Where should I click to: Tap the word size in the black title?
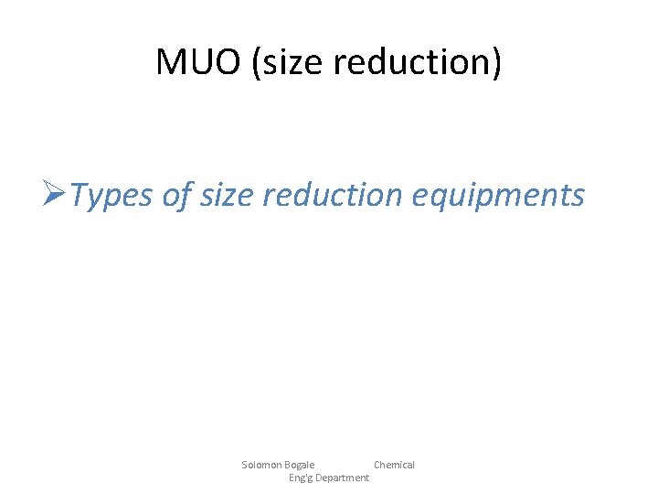click(288, 62)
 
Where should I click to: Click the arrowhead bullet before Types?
click(56, 194)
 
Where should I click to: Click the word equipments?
click(498, 196)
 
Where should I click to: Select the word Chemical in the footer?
click(394, 465)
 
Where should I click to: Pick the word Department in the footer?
click(342, 478)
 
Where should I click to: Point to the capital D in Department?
click(318, 478)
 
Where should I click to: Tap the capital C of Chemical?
click(377, 465)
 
